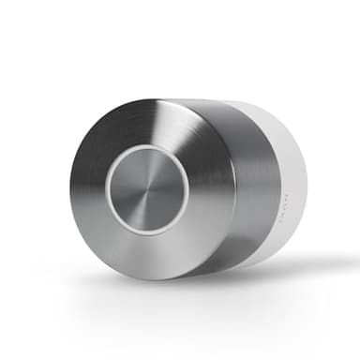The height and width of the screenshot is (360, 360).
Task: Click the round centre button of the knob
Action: tap(147, 191)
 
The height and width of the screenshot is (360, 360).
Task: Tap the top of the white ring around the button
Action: tap(147, 149)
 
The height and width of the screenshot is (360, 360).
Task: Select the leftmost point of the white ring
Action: tap(106, 192)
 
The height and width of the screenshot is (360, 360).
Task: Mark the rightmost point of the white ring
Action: tap(189, 191)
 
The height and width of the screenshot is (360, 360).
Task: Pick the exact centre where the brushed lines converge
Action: tap(147, 191)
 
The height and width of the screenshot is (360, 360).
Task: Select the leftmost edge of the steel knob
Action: tap(68, 192)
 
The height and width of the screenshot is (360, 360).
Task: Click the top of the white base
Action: tap(253, 102)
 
